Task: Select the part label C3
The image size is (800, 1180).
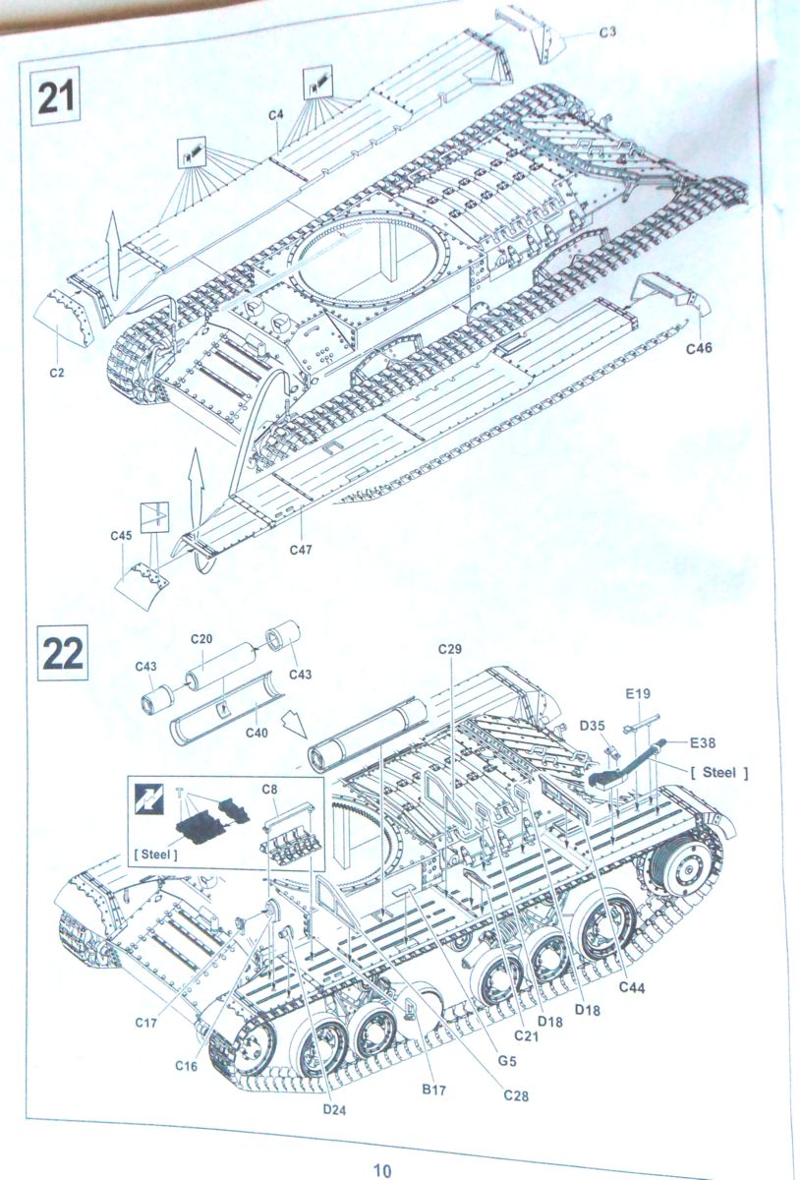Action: pyautogui.click(x=607, y=32)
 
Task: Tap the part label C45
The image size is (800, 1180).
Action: pyautogui.click(x=121, y=535)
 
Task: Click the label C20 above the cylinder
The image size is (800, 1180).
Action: pyautogui.click(x=200, y=638)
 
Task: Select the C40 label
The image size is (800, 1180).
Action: pyautogui.click(x=257, y=732)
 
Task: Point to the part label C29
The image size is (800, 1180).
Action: pyautogui.click(x=451, y=648)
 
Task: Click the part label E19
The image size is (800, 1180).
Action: pyautogui.click(x=639, y=693)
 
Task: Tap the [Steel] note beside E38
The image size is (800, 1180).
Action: pyautogui.click(x=719, y=773)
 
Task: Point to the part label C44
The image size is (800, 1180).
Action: pyautogui.click(x=632, y=986)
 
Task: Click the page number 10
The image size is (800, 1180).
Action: pyautogui.click(x=382, y=1169)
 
